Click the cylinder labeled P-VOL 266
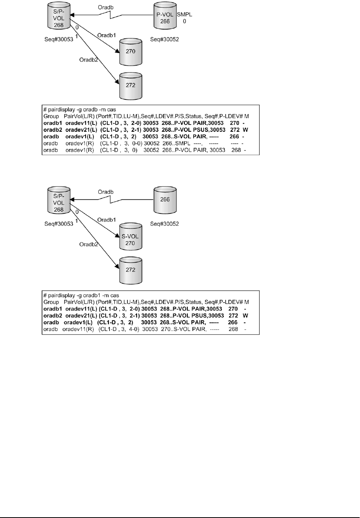(x=165, y=16)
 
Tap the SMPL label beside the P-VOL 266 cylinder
(x=184, y=15)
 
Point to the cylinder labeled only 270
(x=130, y=52)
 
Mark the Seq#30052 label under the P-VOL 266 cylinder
(x=164, y=39)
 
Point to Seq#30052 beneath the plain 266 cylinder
(x=164, y=223)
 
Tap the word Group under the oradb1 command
(x=51, y=302)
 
